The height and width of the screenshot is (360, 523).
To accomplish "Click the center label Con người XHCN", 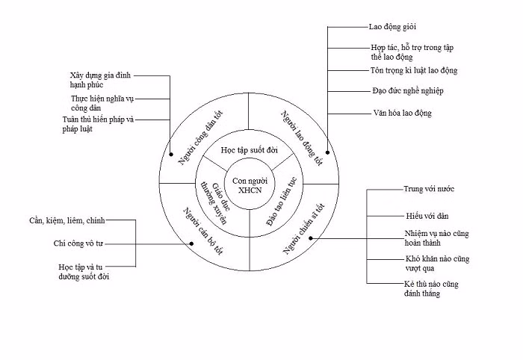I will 250,185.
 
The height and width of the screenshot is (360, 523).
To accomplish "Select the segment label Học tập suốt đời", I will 250,149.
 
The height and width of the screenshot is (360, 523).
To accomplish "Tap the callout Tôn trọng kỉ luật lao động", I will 414,71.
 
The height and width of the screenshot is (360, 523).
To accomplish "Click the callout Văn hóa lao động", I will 402,113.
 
